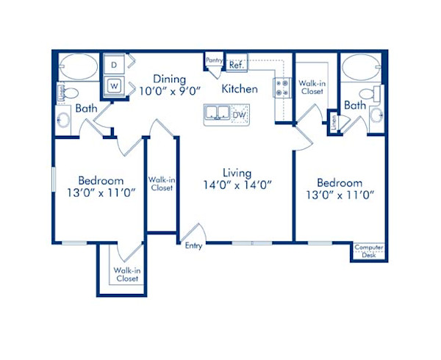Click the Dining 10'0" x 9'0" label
[170, 85]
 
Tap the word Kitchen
[240, 89]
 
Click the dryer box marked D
[114, 65]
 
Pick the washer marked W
[114, 85]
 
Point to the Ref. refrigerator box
[237, 65]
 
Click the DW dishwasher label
[239, 114]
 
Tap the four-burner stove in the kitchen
[283, 89]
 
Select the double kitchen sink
[218, 113]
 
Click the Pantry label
[215, 60]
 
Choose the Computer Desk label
[368, 251]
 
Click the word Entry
[194, 246]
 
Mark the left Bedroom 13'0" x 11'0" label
[101, 187]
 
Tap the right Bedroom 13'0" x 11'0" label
[340, 188]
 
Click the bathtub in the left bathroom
[77, 68]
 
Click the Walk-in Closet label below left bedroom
[126, 275]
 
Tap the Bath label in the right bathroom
[356, 106]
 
